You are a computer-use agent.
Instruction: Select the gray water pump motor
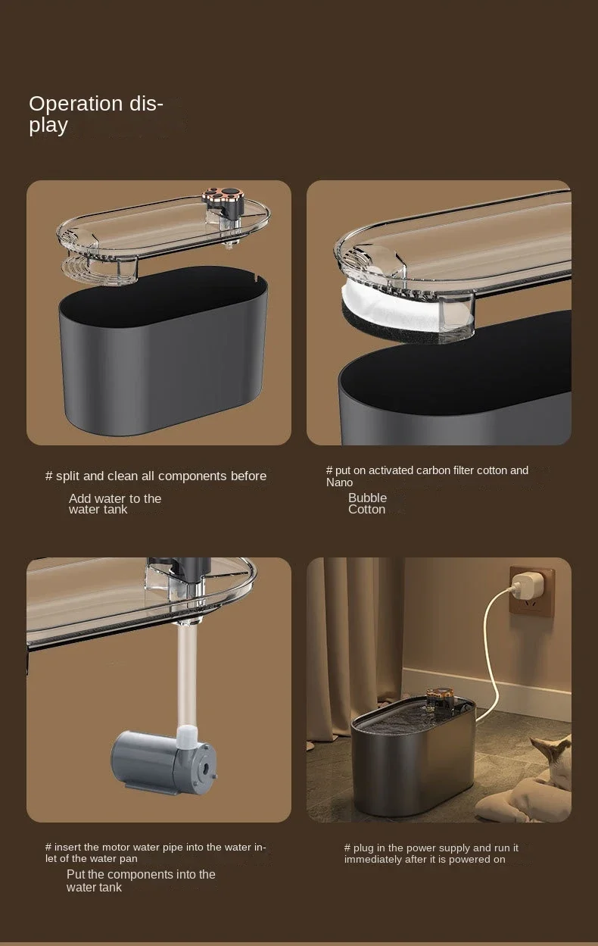coord(164,760)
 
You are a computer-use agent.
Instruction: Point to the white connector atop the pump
coord(186,736)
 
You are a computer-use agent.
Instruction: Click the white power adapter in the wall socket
coord(523,586)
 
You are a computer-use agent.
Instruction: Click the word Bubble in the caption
coord(367,498)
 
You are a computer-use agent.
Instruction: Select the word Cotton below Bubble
coord(366,509)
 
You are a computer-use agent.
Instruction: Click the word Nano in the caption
coord(339,482)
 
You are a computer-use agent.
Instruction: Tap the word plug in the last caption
coord(363,848)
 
